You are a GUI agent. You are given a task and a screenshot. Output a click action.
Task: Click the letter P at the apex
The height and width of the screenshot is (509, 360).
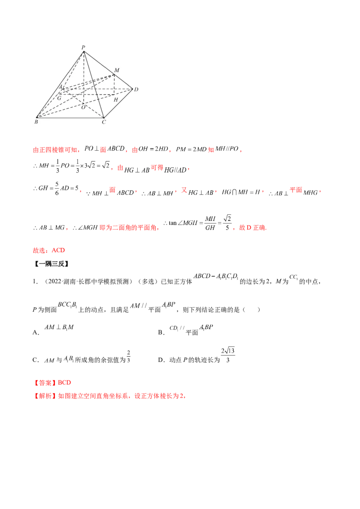point(83,47)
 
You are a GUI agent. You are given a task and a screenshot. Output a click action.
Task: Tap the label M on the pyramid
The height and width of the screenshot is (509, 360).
point(117,70)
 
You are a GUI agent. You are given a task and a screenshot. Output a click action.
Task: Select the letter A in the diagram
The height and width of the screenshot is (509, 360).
point(61,87)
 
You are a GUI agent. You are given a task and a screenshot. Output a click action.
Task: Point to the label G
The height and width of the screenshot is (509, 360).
point(58,98)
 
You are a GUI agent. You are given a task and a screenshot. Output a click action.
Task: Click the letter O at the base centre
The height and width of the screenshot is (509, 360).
point(83,107)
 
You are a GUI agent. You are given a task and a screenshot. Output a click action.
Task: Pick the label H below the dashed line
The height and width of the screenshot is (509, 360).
point(116,99)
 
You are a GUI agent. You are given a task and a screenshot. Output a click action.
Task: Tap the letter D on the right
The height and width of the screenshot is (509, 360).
point(136,89)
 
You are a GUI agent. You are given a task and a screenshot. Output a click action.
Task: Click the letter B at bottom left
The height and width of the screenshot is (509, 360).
point(36,122)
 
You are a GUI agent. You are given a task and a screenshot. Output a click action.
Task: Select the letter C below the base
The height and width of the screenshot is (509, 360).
point(103,122)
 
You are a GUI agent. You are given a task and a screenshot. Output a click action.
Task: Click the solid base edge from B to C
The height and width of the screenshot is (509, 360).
point(70,117)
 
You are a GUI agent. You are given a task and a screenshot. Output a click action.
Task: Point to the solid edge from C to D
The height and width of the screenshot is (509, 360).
point(118,103)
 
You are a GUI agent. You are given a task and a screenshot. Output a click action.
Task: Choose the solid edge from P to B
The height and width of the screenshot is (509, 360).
point(60,85)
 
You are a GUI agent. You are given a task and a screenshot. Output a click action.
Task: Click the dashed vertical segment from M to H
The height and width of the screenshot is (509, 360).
point(114,85)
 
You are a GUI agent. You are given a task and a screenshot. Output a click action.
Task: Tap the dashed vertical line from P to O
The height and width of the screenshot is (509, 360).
point(84,76)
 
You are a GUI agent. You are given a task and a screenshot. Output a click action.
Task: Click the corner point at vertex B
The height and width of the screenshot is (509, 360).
point(36,117)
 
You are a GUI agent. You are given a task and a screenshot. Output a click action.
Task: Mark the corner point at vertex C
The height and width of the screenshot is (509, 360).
point(103,117)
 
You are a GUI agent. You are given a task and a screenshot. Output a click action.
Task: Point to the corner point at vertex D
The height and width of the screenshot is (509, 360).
point(132,89)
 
